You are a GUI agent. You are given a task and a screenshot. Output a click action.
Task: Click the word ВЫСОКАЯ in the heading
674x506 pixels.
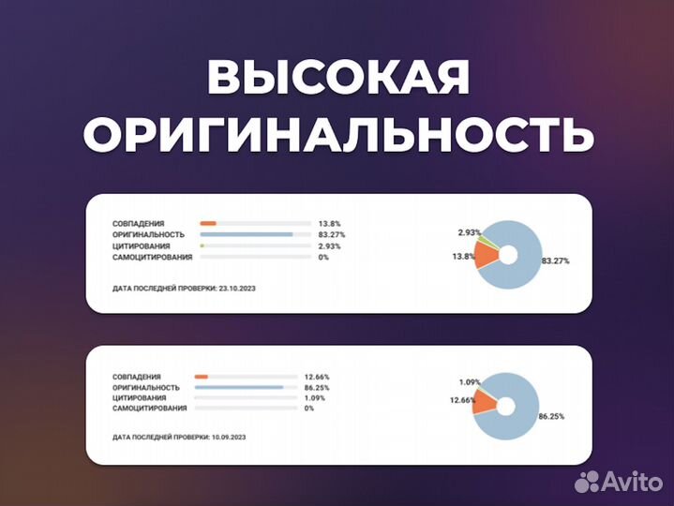pyautogui.click(x=337, y=78)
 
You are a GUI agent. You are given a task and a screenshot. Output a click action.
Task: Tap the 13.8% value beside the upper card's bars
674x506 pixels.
pyautogui.click(x=328, y=223)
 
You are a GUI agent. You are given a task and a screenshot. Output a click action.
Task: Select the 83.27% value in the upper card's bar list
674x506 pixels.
pyautogui.click(x=333, y=234)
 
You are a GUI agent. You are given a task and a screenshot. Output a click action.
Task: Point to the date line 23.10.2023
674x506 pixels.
pyautogui.click(x=184, y=289)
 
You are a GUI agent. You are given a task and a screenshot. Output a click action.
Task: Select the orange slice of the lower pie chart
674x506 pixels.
pyautogui.click(x=484, y=403)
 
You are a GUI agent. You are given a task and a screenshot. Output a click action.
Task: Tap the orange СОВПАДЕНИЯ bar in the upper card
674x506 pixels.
pyautogui.click(x=208, y=223)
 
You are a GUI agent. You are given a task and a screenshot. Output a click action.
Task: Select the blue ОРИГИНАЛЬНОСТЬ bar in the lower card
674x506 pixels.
pyautogui.click(x=239, y=387)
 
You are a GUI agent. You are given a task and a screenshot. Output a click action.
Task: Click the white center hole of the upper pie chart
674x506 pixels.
pyautogui.click(x=509, y=254)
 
